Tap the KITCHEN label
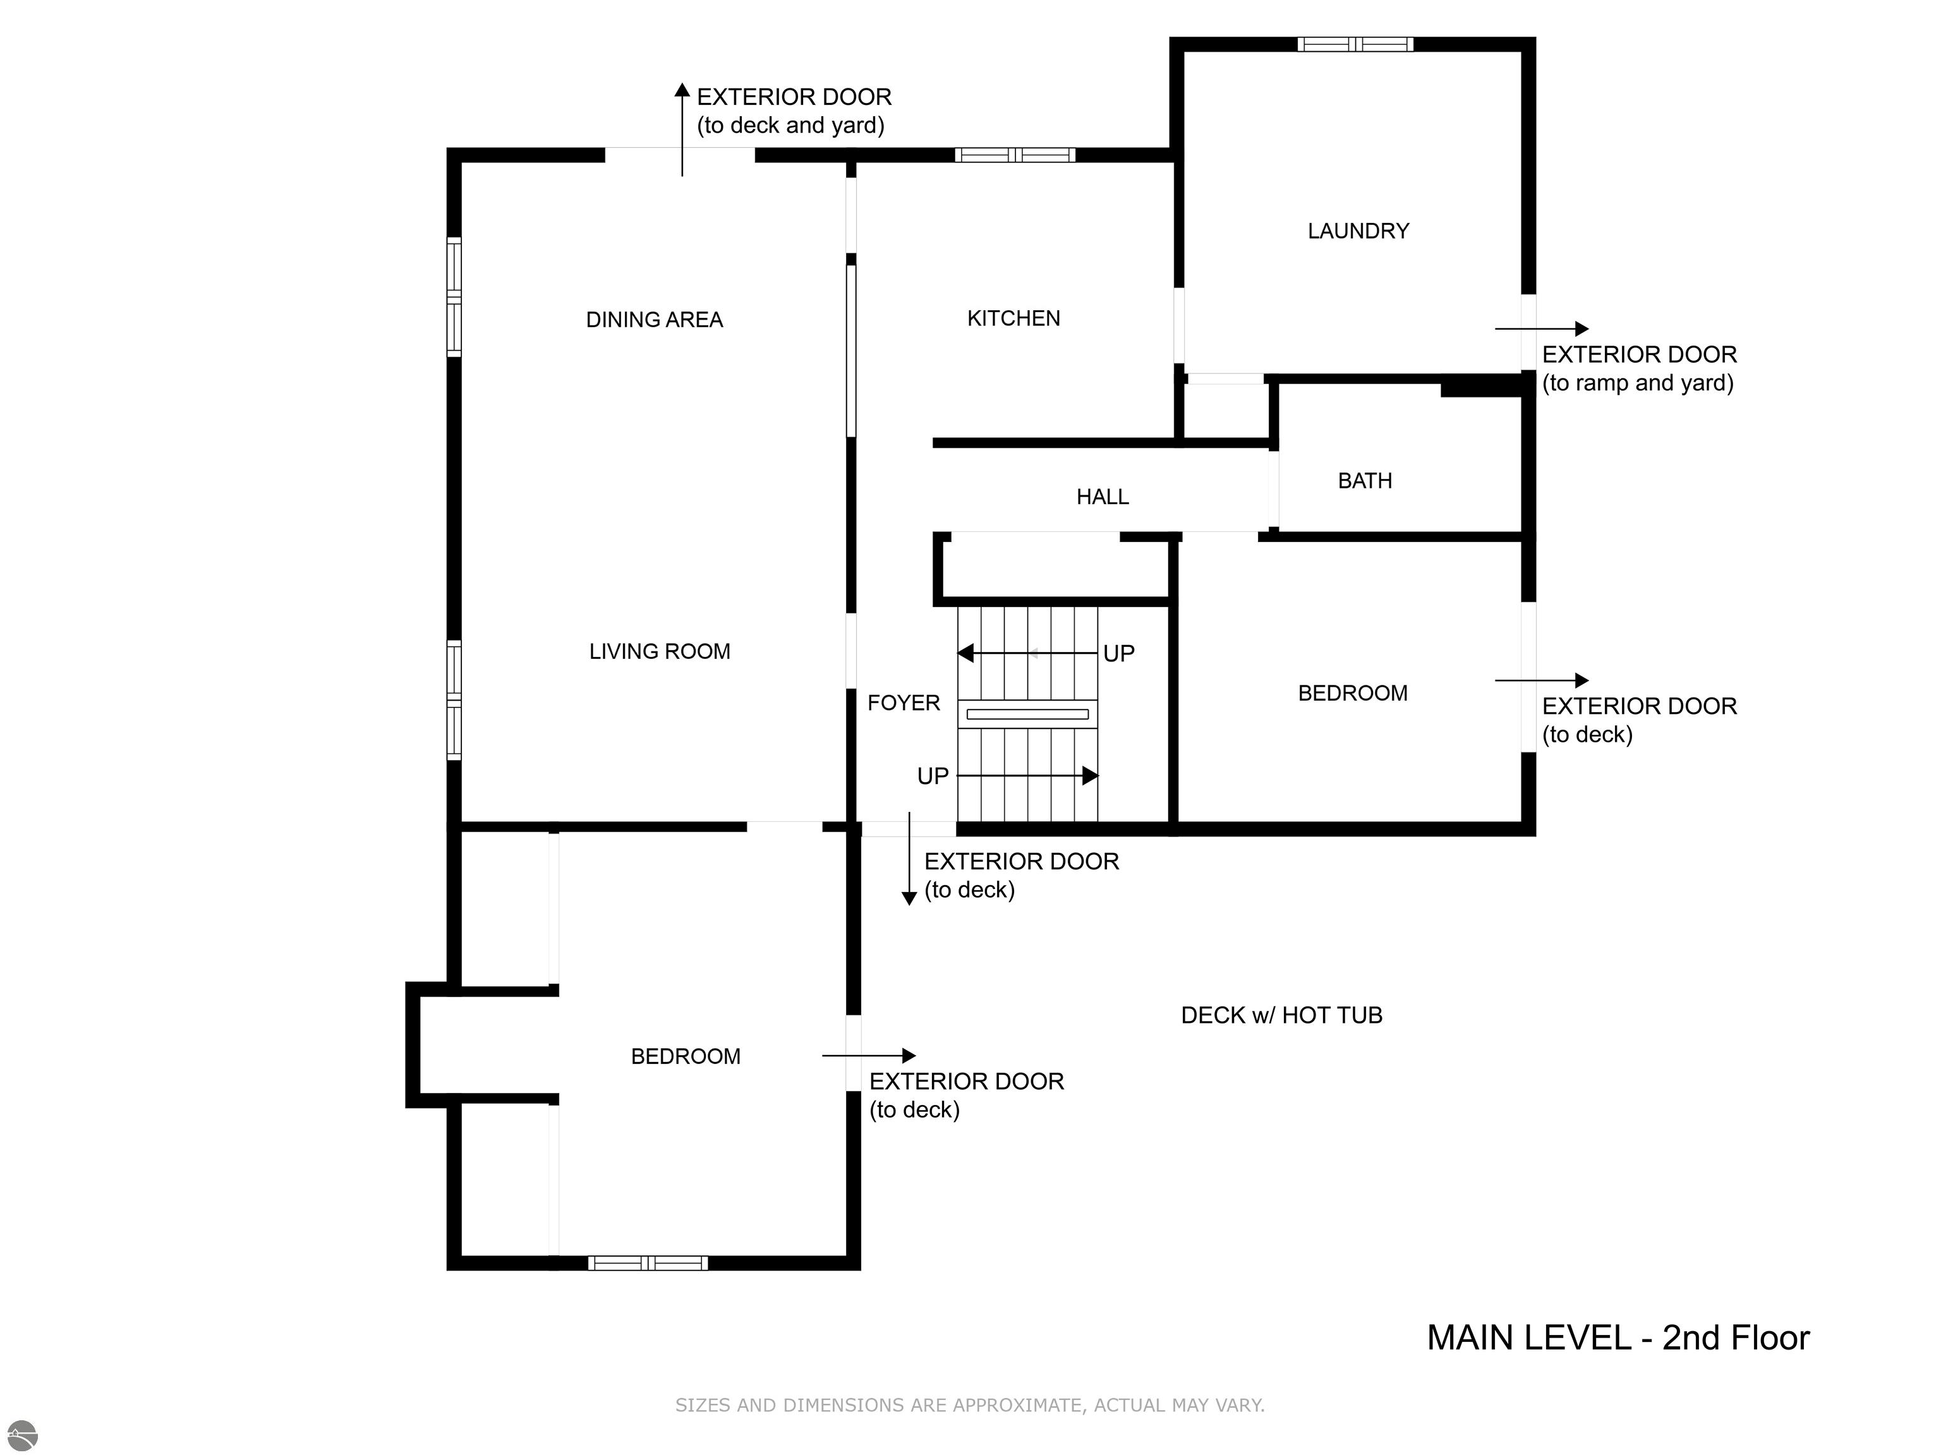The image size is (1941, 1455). [x=1013, y=318]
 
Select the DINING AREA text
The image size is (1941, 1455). [x=655, y=320]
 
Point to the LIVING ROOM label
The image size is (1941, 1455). [x=660, y=652]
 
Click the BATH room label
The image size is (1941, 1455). [x=1365, y=481]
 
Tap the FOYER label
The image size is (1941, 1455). [x=903, y=703]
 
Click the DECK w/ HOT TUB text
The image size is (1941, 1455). [x=1281, y=1015]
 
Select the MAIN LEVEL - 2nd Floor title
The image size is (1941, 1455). [x=1618, y=1337]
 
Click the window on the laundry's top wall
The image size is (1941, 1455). [x=1356, y=44]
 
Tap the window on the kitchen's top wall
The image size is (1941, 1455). [x=1015, y=155]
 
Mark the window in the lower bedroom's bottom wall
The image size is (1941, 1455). [x=648, y=1263]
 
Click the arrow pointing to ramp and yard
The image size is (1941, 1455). [x=1542, y=329]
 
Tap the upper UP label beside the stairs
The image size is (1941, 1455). [x=1119, y=654]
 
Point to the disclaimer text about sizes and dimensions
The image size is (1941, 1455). [x=970, y=1405]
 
